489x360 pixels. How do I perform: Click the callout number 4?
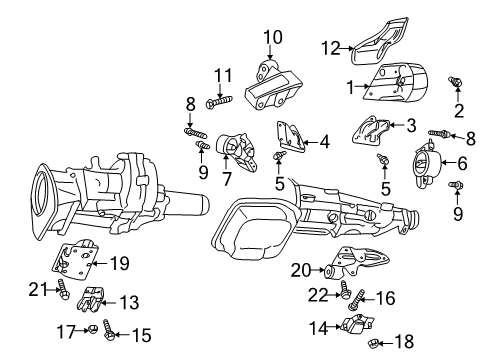[x=324, y=142]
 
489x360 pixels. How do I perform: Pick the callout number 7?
[x=227, y=180]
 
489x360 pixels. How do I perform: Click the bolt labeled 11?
[x=218, y=99]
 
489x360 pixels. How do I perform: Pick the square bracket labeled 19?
[x=74, y=264]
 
